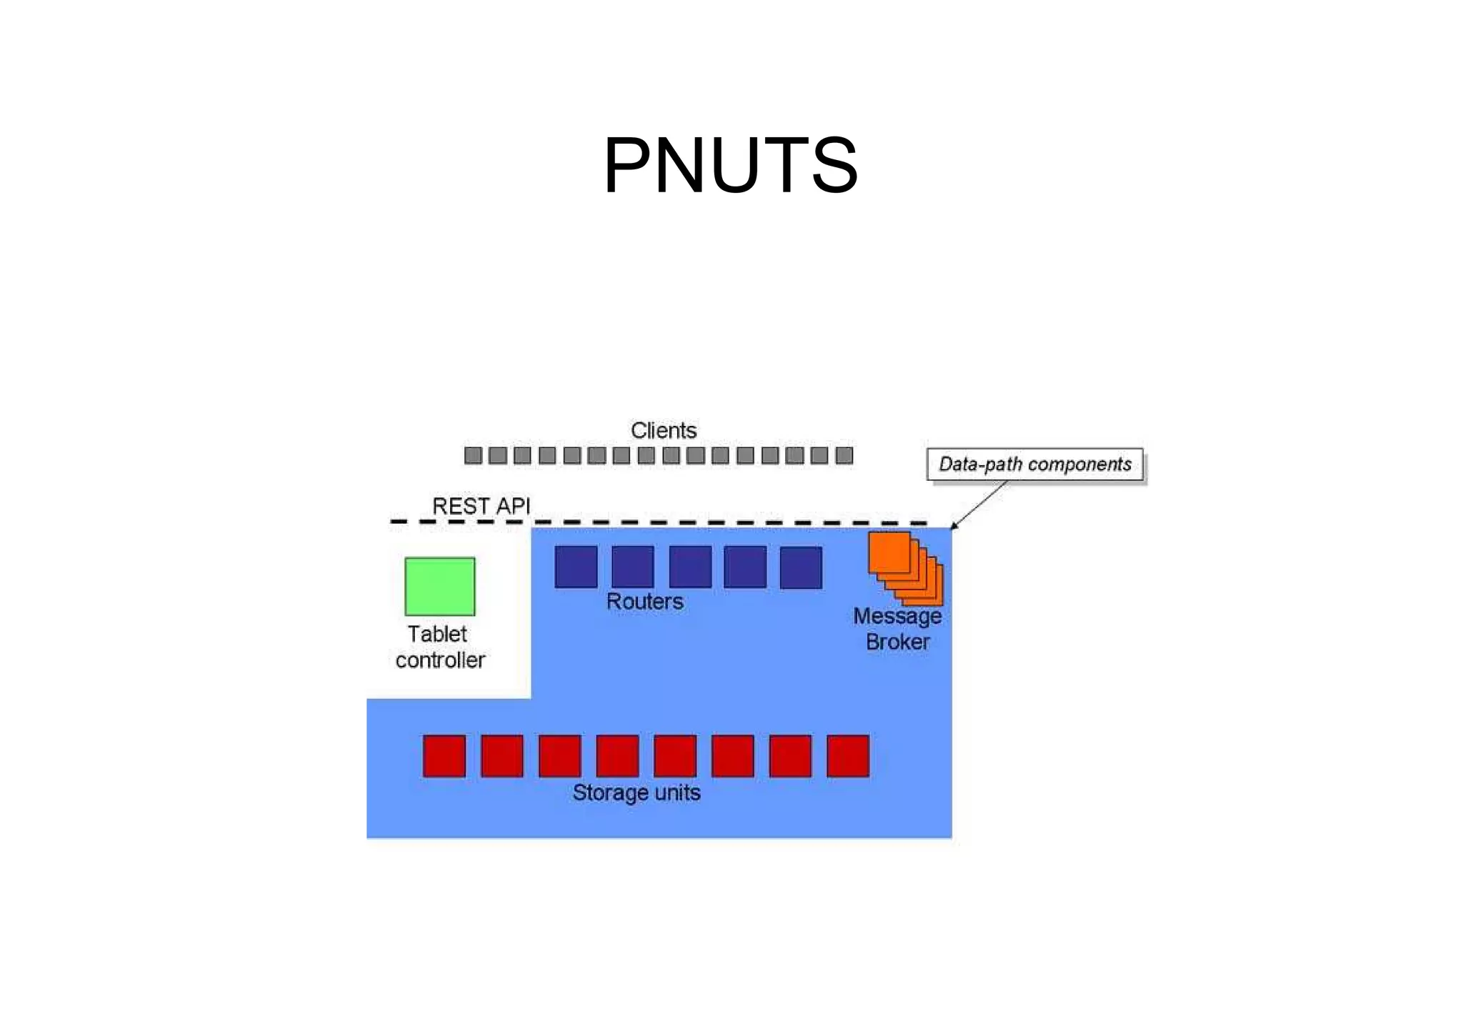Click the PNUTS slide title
[x=730, y=166]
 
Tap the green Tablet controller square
[x=439, y=586]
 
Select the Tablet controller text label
[x=439, y=647]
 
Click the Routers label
[x=644, y=602]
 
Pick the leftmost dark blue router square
[x=576, y=567]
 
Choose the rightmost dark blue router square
[x=801, y=567]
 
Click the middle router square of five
[x=690, y=567]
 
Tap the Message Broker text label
[x=897, y=629]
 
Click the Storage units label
[x=636, y=792]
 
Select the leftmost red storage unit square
[x=444, y=755]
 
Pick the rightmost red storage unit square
[x=848, y=755]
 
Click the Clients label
[x=663, y=430]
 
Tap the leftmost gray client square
[x=473, y=455]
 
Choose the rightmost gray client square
[x=844, y=455]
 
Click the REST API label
[x=481, y=506]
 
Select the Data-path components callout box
[x=1034, y=464]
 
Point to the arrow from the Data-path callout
[x=980, y=504]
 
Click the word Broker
[x=898, y=642]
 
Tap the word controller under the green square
[x=440, y=660]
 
